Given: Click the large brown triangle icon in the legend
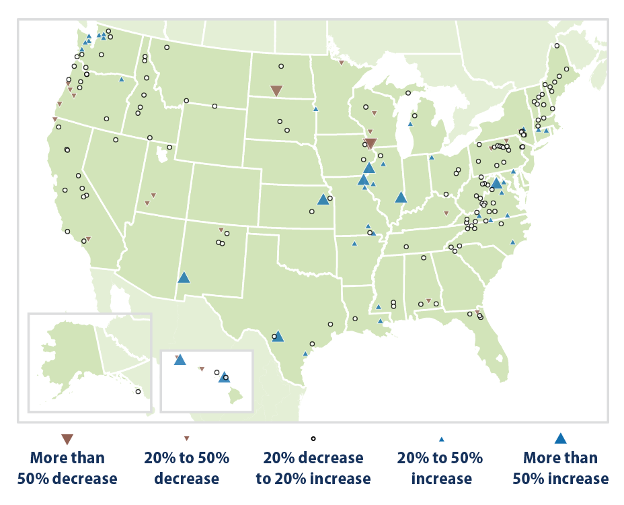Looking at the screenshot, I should pos(67,440).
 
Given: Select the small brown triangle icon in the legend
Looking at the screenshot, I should pos(187,439).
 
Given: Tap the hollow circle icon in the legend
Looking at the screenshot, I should pos(313,439).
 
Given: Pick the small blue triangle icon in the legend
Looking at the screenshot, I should pos(441,439).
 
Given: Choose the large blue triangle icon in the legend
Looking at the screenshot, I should pos(560,439).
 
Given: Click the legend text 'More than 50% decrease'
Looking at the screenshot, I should pos(67,468).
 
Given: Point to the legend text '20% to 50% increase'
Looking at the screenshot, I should pos(441,468).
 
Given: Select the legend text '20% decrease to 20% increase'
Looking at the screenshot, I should pos(313,468).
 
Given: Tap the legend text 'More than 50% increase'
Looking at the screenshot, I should pos(560,468).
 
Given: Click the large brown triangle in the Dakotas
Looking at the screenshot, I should pos(276,91).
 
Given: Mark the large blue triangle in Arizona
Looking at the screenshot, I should pos(184,277).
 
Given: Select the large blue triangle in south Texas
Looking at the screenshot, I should pos(278,335).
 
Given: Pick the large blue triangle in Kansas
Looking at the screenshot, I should pos(323,199).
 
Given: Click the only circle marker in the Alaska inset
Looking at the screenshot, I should pos(138,391).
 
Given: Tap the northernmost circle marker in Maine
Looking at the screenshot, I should pos(557,46).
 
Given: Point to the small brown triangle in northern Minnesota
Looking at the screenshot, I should pos(342,63).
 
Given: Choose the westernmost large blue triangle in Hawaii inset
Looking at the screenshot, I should pos(180,360).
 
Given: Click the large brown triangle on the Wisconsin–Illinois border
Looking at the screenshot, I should pos(370,143).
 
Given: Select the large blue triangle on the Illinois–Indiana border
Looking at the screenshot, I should pos(401,197).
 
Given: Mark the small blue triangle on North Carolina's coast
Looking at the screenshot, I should pos(512,242).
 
